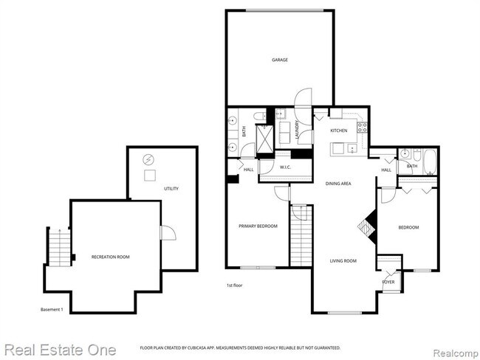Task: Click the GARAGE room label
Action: click(x=279, y=60)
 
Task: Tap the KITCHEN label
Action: click(x=338, y=131)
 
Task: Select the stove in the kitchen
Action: click(x=362, y=130)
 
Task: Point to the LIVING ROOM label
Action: click(x=343, y=260)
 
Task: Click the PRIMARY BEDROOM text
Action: click(x=257, y=226)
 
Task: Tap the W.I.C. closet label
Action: click(x=287, y=167)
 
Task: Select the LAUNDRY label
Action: click(x=298, y=130)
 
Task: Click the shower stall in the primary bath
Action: click(x=264, y=138)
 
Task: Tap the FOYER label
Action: click(x=388, y=282)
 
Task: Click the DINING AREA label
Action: click(x=338, y=183)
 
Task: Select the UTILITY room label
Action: click(x=171, y=189)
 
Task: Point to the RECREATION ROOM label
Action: click(x=110, y=256)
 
